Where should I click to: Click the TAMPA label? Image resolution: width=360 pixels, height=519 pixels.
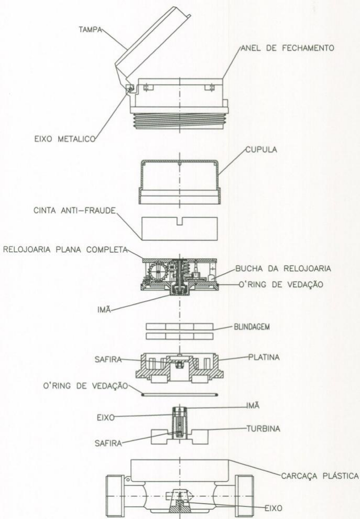pos(89,30)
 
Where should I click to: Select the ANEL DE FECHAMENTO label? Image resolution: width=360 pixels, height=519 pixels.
pos(287,48)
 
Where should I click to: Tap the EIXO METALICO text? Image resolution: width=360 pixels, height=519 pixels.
pos(65,139)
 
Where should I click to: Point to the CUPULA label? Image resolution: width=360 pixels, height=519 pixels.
pos(261,150)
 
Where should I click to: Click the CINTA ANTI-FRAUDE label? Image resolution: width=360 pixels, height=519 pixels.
pos(74,210)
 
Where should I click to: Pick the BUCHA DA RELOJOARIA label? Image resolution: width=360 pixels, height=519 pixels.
pos(283,268)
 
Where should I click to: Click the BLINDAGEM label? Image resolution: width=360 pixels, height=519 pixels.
pos(252,327)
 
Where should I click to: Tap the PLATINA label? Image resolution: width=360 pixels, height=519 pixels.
pos(264,357)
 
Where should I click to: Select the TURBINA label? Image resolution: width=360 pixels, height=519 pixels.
pos(264,428)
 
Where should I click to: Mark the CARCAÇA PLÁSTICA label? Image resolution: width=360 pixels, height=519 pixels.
pos(320,476)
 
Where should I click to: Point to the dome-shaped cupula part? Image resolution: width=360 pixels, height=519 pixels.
pos(179,182)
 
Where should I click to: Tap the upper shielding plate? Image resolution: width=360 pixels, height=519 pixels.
pos(179,326)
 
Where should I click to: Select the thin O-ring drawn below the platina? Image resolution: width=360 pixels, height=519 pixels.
pos(179,394)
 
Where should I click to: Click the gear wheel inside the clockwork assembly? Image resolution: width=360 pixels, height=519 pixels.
pos(159,272)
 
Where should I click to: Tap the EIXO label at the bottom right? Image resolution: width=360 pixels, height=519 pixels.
pos(274,508)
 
